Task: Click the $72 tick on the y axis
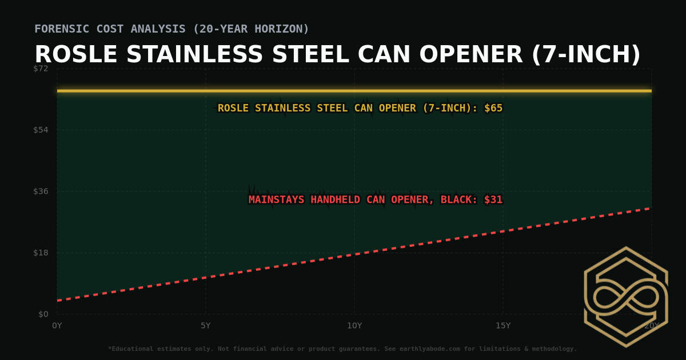[x=41, y=69]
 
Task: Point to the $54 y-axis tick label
[x=41, y=130]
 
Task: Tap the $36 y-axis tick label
[x=41, y=191]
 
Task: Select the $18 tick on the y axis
[x=41, y=253]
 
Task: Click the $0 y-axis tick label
[x=43, y=314]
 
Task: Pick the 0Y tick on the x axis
[x=57, y=326]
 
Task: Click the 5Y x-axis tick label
[x=206, y=326]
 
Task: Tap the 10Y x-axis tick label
[x=354, y=326]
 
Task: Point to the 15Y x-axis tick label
[x=503, y=326]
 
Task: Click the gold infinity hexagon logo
[x=626, y=297]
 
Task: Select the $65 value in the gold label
[x=493, y=108]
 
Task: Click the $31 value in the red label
[x=493, y=200]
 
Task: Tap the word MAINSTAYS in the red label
[x=277, y=200]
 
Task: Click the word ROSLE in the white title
[x=77, y=55]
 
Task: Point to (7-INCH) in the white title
[x=586, y=55]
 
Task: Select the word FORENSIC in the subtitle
[x=59, y=29]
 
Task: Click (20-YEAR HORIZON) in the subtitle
[x=252, y=29]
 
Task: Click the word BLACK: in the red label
[x=459, y=200]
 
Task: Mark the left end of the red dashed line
[x=58, y=301]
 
